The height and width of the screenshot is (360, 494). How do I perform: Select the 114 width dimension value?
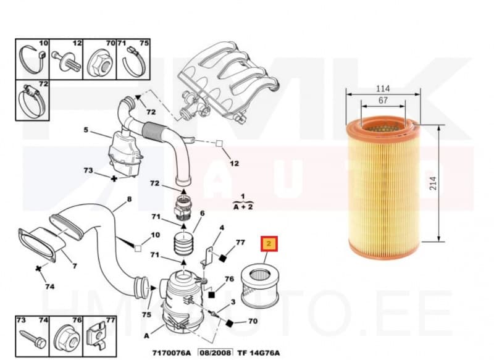383,88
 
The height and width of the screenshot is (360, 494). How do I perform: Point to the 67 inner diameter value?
383,100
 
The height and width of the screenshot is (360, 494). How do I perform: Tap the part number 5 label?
86,130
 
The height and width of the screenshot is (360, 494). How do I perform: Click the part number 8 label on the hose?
129,199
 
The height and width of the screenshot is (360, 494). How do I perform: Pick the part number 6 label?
201,213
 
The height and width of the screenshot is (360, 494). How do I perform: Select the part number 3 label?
232,301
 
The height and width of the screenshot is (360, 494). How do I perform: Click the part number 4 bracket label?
221,230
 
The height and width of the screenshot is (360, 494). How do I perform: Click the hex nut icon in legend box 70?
99,61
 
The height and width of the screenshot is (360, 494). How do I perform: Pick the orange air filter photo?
383,188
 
